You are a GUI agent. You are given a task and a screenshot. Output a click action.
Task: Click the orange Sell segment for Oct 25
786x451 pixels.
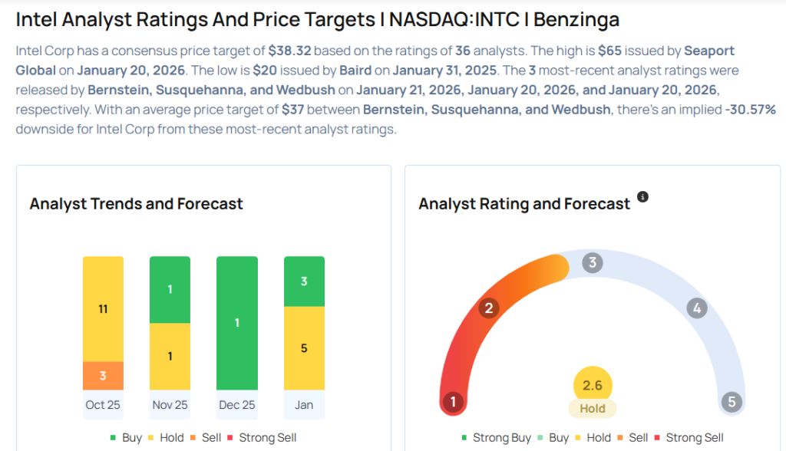tap(103, 375)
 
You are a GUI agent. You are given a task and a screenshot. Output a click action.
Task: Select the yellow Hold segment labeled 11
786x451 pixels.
tap(103, 308)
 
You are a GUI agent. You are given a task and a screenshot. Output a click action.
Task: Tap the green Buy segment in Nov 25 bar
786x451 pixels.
tap(170, 289)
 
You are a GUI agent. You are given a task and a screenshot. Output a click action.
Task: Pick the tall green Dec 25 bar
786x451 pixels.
tap(236, 323)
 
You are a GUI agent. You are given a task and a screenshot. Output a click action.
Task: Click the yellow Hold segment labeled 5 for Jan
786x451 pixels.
tap(304, 347)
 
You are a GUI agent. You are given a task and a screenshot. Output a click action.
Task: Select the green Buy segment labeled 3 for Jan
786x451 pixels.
tap(304, 281)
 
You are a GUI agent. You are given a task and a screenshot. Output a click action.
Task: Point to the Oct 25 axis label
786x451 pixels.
tap(103, 404)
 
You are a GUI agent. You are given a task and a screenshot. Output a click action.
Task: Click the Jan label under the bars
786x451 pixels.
tap(304, 404)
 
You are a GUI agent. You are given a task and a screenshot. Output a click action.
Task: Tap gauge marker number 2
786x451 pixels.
tap(488, 308)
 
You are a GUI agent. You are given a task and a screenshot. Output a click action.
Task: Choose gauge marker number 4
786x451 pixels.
tap(697, 308)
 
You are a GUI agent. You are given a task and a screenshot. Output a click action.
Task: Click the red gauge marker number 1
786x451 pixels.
tap(453, 402)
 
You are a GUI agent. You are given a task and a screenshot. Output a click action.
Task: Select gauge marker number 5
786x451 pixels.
tap(732, 402)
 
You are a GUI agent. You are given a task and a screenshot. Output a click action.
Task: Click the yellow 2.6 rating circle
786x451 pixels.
tap(593, 386)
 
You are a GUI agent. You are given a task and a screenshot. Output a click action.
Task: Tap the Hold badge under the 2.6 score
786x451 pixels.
tap(593, 409)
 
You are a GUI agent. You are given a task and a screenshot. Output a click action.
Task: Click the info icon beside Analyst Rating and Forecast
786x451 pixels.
tap(643, 197)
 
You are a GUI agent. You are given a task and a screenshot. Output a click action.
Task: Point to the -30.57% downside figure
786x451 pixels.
tap(750, 110)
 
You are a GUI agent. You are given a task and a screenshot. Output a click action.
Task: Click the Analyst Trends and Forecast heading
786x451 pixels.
tap(136, 204)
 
